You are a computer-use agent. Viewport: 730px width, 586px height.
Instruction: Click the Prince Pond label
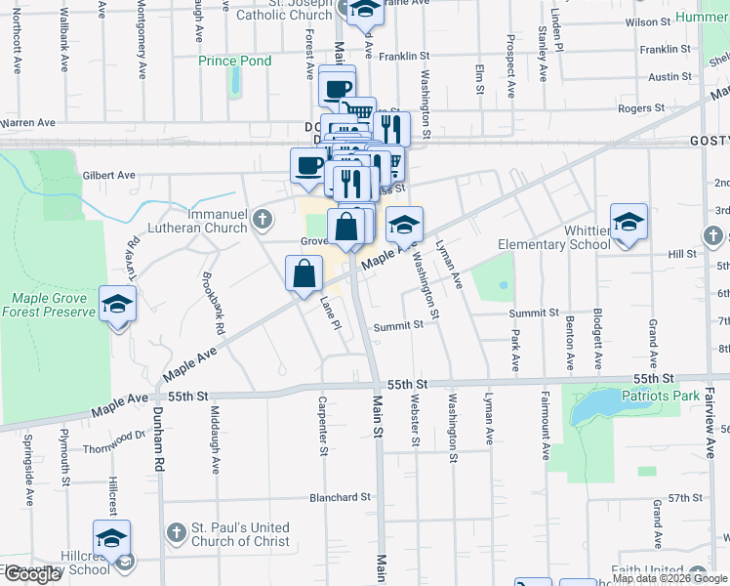coord(234,61)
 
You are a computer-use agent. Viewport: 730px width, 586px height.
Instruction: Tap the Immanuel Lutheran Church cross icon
coord(262,221)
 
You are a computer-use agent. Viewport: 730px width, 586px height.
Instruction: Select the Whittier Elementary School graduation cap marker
coord(629,221)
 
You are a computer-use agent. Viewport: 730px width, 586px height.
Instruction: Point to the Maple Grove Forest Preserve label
coord(49,305)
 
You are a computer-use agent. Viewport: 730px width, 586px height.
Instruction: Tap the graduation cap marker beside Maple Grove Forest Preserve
coord(117,305)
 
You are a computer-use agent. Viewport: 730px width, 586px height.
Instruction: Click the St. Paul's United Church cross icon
coord(176,533)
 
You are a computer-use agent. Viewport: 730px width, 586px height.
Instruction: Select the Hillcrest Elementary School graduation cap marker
coord(111,537)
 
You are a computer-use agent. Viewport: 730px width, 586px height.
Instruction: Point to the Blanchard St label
coord(340,497)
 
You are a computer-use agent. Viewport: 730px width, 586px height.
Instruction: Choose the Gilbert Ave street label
coord(108,175)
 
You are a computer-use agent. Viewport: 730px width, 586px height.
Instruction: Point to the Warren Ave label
coord(27,123)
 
